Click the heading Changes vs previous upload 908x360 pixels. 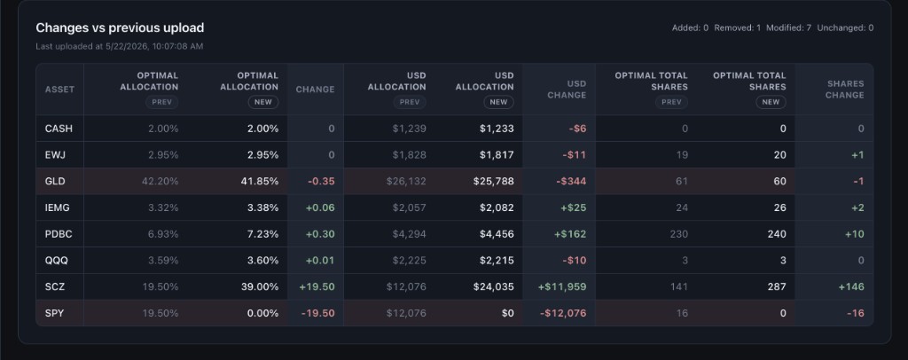click(x=120, y=27)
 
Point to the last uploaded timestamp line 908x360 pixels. click(x=120, y=46)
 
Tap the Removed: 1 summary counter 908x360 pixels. click(x=737, y=27)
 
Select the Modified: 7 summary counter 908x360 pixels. click(x=788, y=27)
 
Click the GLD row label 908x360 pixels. click(x=55, y=181)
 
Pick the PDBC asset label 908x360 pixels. click(x=59, y=234)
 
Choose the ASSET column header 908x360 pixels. click(x=59, y=90)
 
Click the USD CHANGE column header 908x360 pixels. click(x=567, y=90)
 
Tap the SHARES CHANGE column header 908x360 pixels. click(x=844, y=90)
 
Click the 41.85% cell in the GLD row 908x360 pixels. click(x=260, y=181)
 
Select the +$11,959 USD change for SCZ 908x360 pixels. click(x=561, y=286)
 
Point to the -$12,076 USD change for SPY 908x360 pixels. click(x=563, y=313)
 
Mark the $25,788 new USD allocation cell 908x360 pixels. click(x=497, y=181)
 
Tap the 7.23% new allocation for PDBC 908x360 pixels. click(x=262, y=234)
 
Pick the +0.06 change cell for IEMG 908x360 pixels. click(x=319, y=207)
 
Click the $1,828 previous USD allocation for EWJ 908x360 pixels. click(x=409, y=154)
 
